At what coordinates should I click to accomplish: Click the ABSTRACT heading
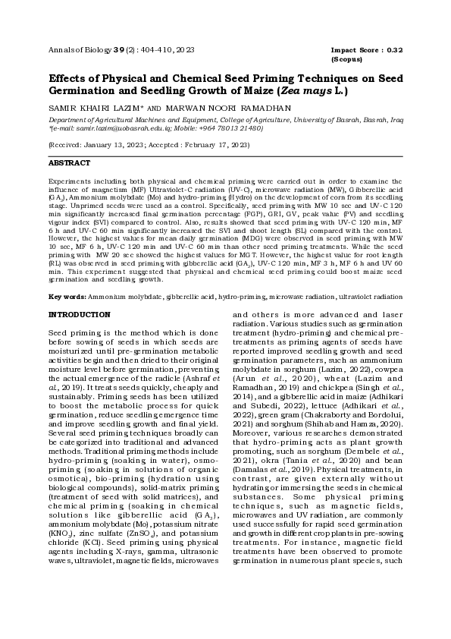(70, 163)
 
